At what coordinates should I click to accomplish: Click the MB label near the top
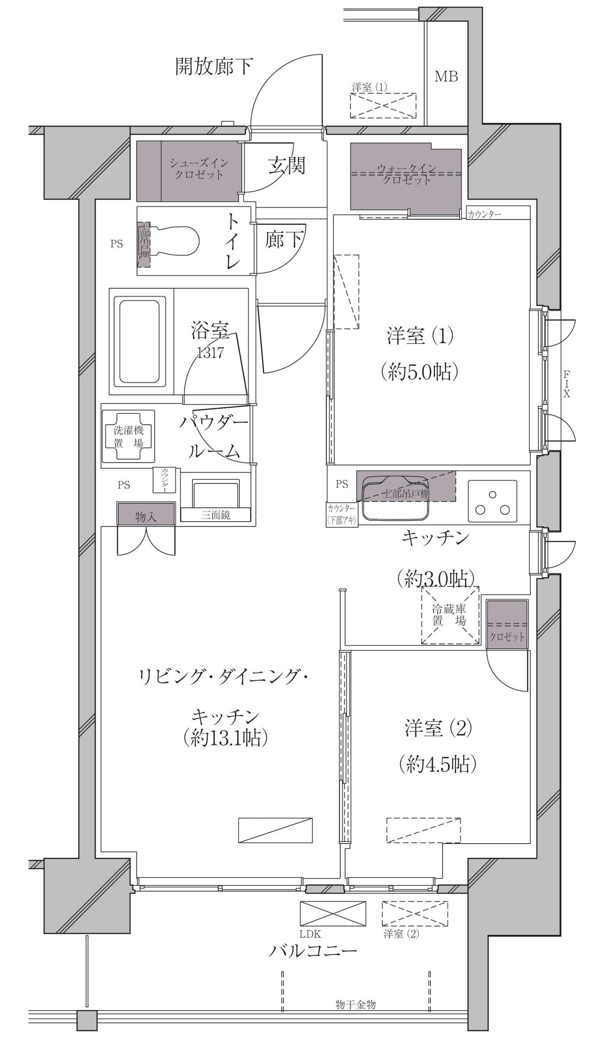click(446, 77)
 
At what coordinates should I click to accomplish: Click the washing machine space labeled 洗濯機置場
click(128, 436)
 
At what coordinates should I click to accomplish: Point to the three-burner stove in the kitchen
click(492, 501)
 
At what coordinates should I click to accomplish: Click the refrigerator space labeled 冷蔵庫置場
click(450, 616)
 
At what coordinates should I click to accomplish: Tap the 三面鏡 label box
click(216, 515)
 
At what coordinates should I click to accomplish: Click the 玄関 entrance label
click(286, 166)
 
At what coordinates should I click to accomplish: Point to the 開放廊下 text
click(214, 66)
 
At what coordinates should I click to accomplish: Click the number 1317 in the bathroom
click(210, 353)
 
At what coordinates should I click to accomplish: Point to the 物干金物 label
click(355, 1004)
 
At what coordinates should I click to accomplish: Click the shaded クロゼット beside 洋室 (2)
click(507, 624)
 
